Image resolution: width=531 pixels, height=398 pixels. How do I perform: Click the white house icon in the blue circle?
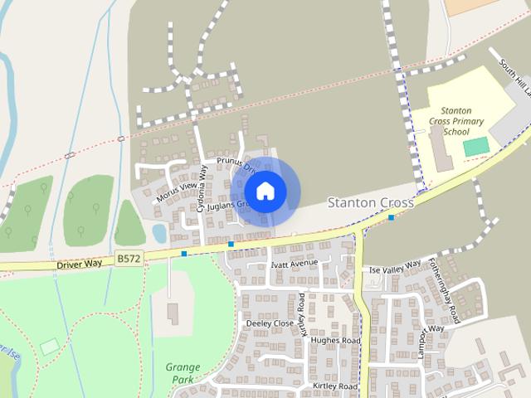pos(265,191)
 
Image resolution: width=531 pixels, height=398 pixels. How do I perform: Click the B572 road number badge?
pos(129,259)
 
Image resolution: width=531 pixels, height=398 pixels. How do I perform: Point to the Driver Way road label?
pos(80,263)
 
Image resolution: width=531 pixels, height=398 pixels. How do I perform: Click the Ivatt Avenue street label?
pos(294,264)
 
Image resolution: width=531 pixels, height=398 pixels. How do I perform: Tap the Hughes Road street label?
pos(335,341)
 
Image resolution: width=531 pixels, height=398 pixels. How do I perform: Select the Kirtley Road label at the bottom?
pos(335,387)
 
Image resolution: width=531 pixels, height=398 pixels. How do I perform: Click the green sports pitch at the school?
pos(475,147)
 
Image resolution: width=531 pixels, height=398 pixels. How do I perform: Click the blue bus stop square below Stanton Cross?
pos(391,217)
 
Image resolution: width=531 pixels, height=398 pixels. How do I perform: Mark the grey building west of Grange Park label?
pos(173,313)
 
